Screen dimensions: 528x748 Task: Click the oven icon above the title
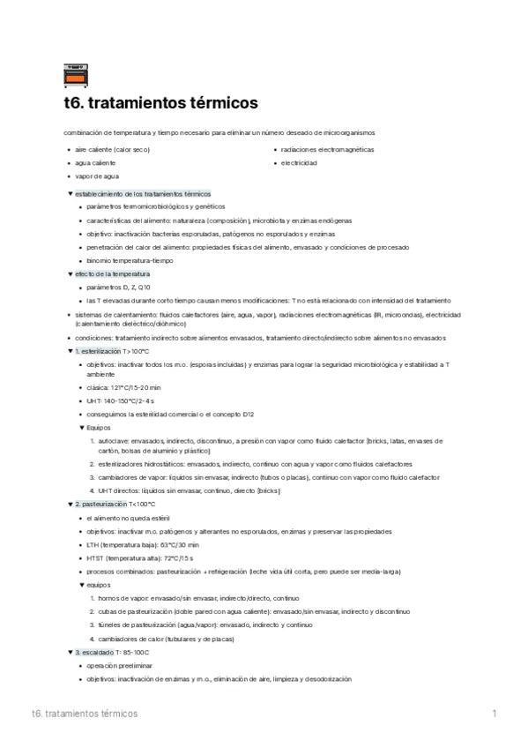[x=78, y=76]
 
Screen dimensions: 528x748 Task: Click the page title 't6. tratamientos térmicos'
[x=161, y=104]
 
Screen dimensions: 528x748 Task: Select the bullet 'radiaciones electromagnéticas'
[x=327, y=150]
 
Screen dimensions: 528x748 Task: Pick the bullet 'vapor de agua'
[x=97, y=176]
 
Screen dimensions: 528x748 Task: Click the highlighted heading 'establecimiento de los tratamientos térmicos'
[x=143, y=193]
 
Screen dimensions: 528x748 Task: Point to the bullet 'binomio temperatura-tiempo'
[x=130, y=260]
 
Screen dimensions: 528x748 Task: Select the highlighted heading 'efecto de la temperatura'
[x=112, y=273]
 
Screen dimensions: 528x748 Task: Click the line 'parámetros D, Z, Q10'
[x=119, y=288]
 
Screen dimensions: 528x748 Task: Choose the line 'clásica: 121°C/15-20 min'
[x=124, y=387]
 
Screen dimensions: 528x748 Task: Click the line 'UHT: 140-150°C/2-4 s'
[x=122, y=400]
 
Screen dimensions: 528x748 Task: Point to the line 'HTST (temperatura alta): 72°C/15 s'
[x=140, y=557]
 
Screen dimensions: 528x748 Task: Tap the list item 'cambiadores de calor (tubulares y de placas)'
[x=166, y=638]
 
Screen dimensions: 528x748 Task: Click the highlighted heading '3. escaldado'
[x=95, y=652]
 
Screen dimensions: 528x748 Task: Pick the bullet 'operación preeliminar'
[x=117, y=665]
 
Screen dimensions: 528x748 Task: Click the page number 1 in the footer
[x=495, y=713]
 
